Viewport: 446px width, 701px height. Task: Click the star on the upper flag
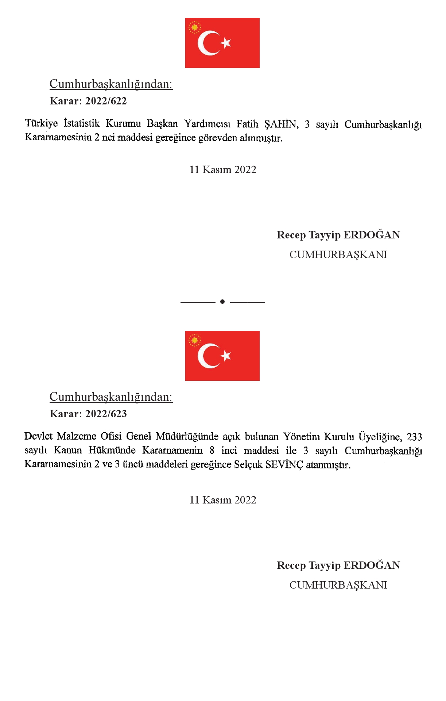[x=226, y=43]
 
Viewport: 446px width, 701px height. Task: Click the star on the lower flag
[x=226, y=356]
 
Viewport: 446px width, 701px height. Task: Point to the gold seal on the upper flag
[x=195, y=27]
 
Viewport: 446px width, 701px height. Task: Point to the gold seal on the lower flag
[x=195, y=340]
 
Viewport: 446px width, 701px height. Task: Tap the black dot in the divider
[x=222, y=302]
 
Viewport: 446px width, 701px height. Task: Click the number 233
[x=414, y=437]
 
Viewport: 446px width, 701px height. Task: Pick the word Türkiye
[x=41, y=123]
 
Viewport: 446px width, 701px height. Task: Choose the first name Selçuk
[x=248, y=465]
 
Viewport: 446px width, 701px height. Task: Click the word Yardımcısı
[x=207, y=124]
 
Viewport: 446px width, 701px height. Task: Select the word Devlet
[x=38, y=436]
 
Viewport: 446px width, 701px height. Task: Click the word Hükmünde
[x=112, y=450]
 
